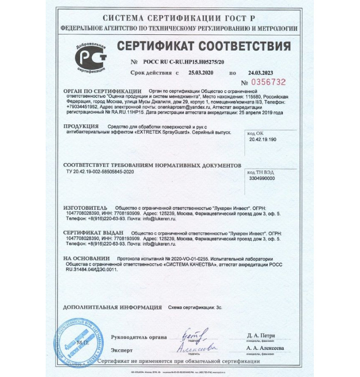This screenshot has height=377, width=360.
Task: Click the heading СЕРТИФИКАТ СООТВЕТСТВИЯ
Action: [204, 47]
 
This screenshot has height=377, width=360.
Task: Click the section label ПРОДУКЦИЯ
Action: [81, 127]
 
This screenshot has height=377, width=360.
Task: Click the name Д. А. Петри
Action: [261, 335]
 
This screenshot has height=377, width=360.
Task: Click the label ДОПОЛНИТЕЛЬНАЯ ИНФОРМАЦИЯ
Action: [113, 307]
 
